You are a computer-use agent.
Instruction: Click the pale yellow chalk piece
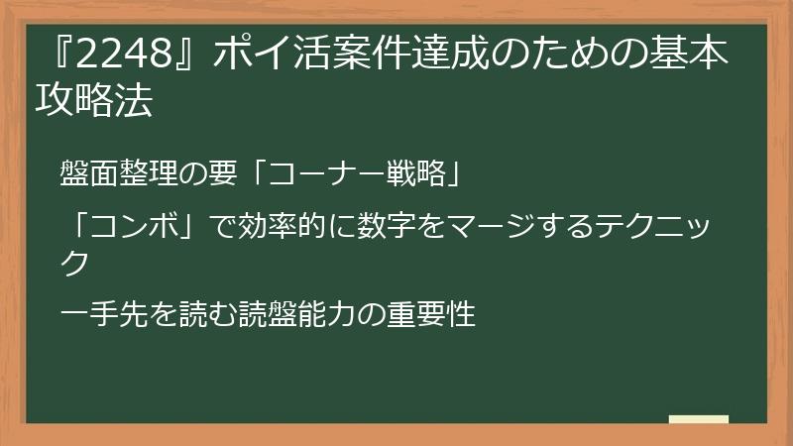pos(699,418)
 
